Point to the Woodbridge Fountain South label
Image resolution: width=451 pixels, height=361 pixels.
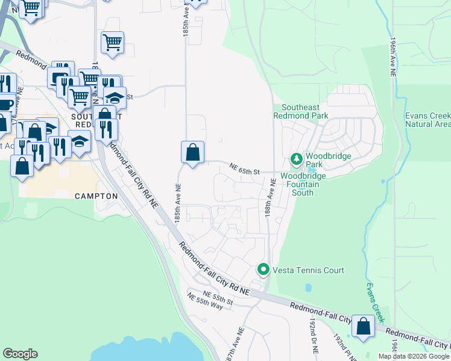tap(303, 184)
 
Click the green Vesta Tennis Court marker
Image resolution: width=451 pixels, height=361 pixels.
tap(263, 270)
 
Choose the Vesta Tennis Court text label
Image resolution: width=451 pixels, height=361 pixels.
tap(309, 270)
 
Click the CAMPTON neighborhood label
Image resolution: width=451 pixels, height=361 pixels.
tap(96, 196)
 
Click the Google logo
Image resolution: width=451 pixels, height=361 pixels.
tap(20, 353)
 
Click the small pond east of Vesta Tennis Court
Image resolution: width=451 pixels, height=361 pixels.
tap(308, 288)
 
